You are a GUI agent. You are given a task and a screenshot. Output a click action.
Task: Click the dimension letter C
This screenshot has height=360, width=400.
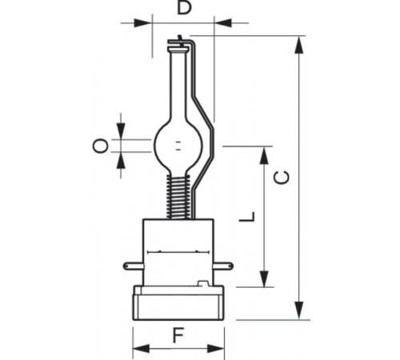point(281,177)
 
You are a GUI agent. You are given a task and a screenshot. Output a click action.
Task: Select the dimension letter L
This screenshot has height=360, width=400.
point(248,217)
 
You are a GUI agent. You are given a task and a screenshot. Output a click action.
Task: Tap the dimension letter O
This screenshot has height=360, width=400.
point(99,145)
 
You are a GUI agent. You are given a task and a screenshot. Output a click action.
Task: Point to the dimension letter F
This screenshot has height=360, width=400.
point(178,335)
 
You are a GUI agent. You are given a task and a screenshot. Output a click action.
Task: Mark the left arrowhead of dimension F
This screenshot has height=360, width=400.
point(137,349)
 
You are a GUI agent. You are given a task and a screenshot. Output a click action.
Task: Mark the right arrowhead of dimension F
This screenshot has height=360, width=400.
point(220,349)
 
